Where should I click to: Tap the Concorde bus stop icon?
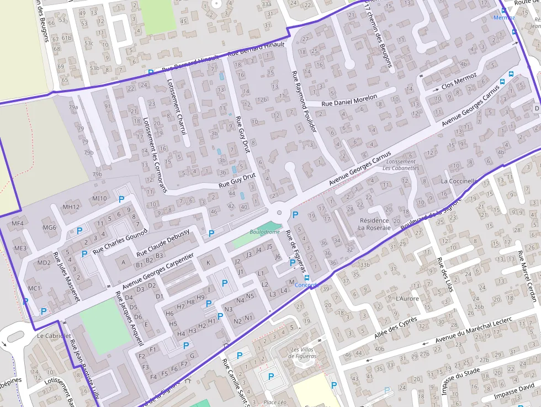pyautogui.click(x=307, y=278)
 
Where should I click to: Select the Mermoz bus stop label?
pyautogui.click(x=504, y=18)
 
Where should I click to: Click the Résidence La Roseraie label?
pyautogui.click(x=374, y=224)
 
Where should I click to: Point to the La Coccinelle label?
pyautogui.click(x=459, y=181)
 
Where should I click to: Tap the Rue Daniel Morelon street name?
pyautogui.click(x=349, y=100)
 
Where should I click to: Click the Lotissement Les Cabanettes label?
pyautogui.click(x=401, y=165)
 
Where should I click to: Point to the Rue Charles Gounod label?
pyautogui.click(x=120, y=241)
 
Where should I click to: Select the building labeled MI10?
pyautogui.click(x=99, y=198)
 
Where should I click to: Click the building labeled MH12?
pyautogui.click(x=71, y=207)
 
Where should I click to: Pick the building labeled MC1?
pyautogui.click(x=34, y=288)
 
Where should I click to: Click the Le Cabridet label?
pyautogui.click(x=54, y=336)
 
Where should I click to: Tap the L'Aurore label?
pyautogui.click(x=407, y=298)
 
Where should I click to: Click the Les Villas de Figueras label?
pyautogui.click(x=303, y=353)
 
